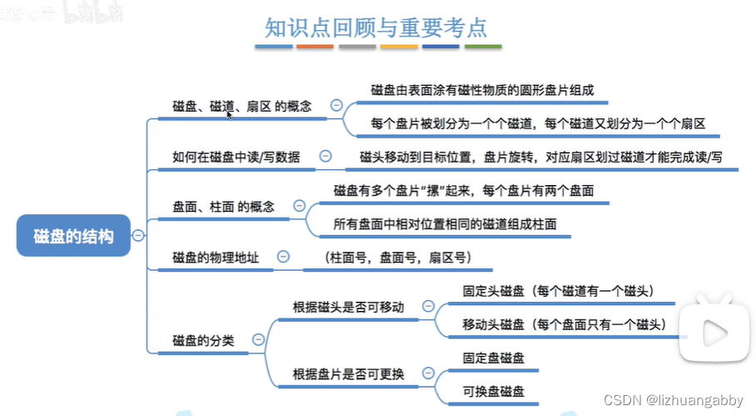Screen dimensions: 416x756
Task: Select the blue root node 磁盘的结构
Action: click(74, 237)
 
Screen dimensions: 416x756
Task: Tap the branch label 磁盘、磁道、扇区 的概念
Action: click(241, 107)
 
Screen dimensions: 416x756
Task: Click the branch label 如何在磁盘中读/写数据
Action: click(236, 156)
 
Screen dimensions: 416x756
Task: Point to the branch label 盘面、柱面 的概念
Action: click(223, 207)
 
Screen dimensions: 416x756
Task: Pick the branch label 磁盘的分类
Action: click(203, 340)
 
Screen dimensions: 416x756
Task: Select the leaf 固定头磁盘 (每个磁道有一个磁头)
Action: click(557, 291)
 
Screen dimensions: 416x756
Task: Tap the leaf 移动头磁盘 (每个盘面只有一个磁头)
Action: click(564, 323)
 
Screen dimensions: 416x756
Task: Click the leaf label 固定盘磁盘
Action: click(494, 358)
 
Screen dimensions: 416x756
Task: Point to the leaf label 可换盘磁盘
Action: click(494, 390)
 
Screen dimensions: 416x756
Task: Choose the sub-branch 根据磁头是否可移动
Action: click(349, 307)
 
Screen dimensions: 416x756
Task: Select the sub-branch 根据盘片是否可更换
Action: click(349, 373)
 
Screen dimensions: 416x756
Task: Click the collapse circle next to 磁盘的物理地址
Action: click(283, 258)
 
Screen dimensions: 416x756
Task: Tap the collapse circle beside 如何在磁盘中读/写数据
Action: click(326, 156)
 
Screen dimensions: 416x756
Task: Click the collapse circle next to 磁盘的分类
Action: click(258, 340)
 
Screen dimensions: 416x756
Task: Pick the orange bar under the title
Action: click(315, 47)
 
